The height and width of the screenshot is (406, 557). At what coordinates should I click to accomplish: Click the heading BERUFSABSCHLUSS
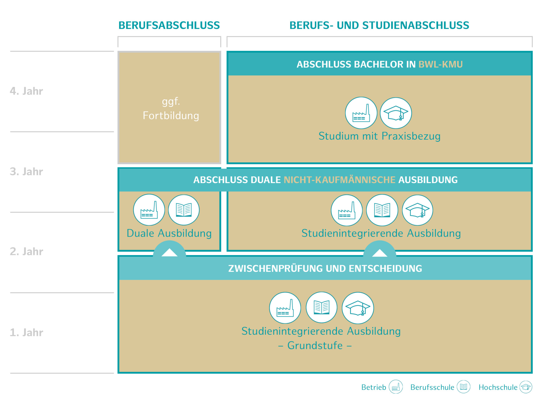click(x=169, y=25)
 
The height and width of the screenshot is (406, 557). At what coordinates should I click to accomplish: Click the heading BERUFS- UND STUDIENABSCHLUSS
click(x=379, y=25)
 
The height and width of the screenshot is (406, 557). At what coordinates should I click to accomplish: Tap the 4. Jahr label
click(x=26, y=91)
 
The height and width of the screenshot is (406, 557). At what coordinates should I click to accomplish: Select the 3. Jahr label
click(x=26, y=172)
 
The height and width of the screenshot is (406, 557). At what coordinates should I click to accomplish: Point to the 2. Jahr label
click(x=26, y=252)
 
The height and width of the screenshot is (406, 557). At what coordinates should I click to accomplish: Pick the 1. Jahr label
click(x=26, y=333)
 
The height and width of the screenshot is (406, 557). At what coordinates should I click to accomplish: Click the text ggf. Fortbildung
click(x=171, y=109)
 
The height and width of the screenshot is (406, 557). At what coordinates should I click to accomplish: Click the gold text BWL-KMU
click(x=440, y=64)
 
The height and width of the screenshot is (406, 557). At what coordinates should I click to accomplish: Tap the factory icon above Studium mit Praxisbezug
click(x=361, y=113)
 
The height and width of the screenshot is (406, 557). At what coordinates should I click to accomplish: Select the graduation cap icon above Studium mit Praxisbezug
click(x=396, y=113)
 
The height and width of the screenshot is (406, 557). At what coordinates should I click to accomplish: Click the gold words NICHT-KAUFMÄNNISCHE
click(x=339, y=180)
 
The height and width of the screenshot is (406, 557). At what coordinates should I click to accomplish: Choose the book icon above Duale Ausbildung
click(x=184, y=210)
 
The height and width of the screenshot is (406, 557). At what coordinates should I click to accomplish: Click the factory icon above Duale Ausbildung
click(x=149, y=210)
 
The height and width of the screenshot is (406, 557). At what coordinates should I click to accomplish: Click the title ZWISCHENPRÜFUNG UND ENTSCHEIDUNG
click(x=325, y=268)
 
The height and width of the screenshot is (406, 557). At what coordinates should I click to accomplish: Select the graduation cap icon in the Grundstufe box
click(x=358, y=308)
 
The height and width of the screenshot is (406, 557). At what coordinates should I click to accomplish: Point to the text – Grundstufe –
click(x=315, y=346)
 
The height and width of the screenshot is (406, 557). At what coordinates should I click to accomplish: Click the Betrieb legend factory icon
click(x=396, y=387)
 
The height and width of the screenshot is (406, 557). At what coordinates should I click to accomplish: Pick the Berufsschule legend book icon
click(x=464, y=387)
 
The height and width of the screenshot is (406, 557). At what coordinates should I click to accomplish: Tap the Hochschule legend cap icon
click(x=526, y=387)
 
